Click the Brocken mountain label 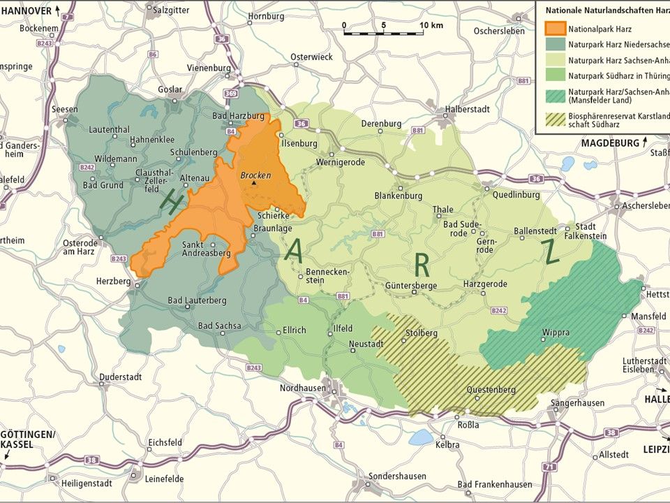(x=255, y=175)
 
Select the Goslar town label (x=170, y=89)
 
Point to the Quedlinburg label (x=516, y=195)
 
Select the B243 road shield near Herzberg (x=119, y=258)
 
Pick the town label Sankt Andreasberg (x=206, y=249)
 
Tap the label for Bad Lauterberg (x=198, y=300)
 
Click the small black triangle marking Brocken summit (x=254, y=183)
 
